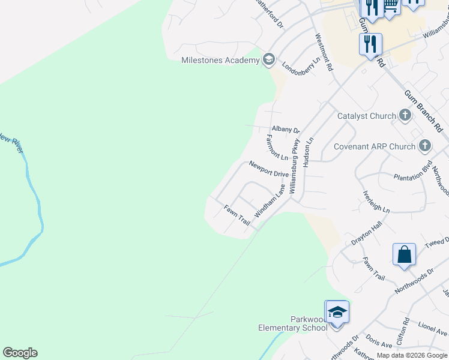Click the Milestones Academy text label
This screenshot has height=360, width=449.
pyautogui.click(x=220, y=60)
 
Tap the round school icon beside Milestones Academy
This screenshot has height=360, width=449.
pyautogui.click(x=268, y=59)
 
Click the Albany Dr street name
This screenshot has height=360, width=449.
pyautogui.click(x=285, y=129)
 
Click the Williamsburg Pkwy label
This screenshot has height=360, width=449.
pyautogui.click(x=294, y=166)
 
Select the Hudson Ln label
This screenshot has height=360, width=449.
pyautogui.click(x=309, y=152)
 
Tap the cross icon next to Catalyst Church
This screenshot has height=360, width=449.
pyautogui.click(x=405, y=115)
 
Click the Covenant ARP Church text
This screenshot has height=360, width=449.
pyautogui.click(x=375, y=146)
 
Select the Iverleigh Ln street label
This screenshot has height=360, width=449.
pyautogui.click(x=376, y=202)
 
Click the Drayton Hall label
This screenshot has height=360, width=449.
pyautogui.click(x=367, y=233)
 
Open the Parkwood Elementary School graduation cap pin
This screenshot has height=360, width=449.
pyautogui.click(x=336, y=312)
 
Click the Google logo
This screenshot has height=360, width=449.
pyautogui.click(x=20, y=353)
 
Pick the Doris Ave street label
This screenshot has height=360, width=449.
pyautogui.click(x=379, y=341)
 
